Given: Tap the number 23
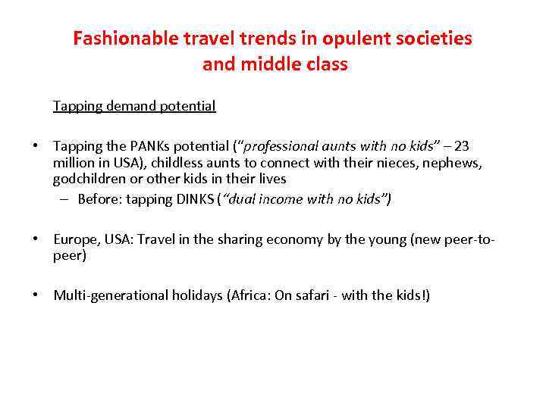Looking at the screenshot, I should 461,146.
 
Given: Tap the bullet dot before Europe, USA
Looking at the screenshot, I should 36,239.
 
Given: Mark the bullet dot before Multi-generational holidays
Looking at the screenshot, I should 36,295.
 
